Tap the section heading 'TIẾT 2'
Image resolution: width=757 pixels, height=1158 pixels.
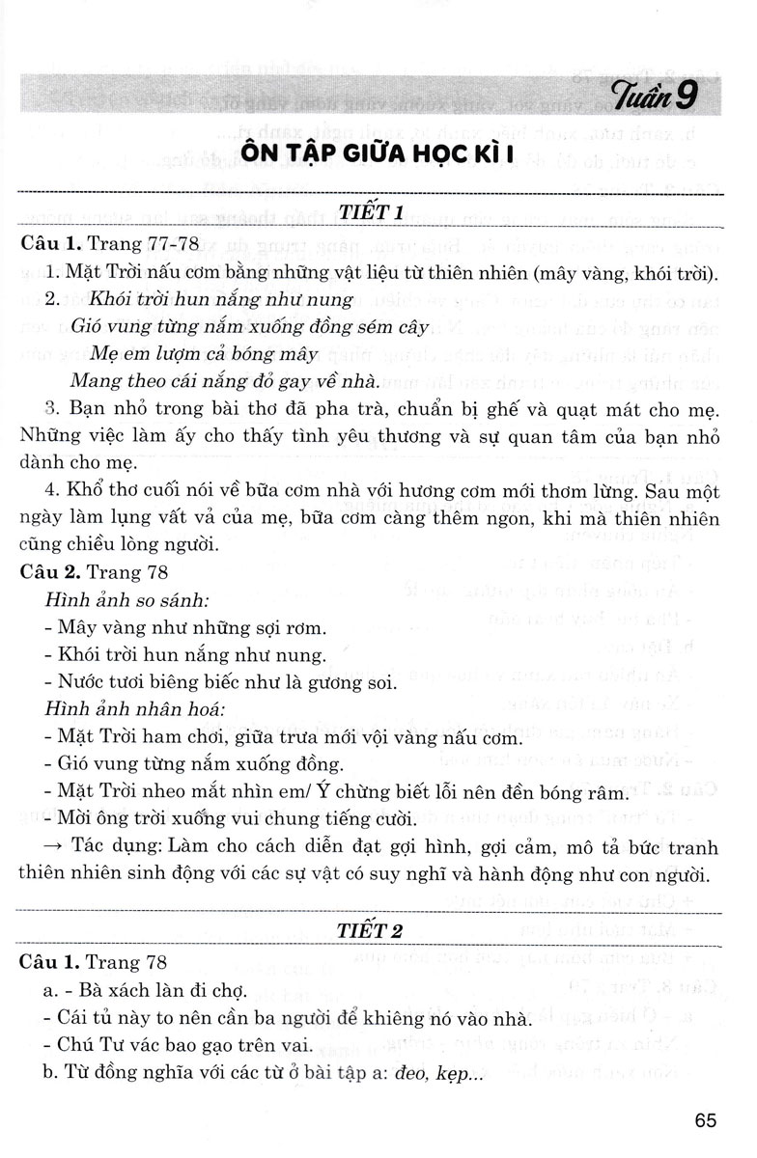377,931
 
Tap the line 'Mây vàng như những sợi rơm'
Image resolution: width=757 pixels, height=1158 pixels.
190,627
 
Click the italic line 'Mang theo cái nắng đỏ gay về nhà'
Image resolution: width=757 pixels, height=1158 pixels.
208,382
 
